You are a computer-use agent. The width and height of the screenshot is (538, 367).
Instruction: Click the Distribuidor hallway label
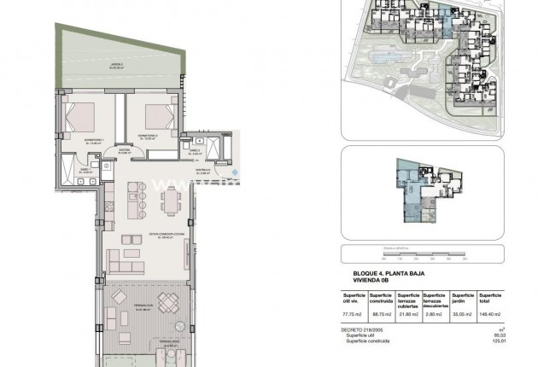coord(125,152)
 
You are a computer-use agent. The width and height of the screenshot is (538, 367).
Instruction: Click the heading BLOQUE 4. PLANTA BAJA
coord(384,271)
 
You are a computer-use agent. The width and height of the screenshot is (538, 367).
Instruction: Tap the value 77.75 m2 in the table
coord(352,314)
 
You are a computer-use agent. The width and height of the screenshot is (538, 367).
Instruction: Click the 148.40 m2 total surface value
coord(490,314)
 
